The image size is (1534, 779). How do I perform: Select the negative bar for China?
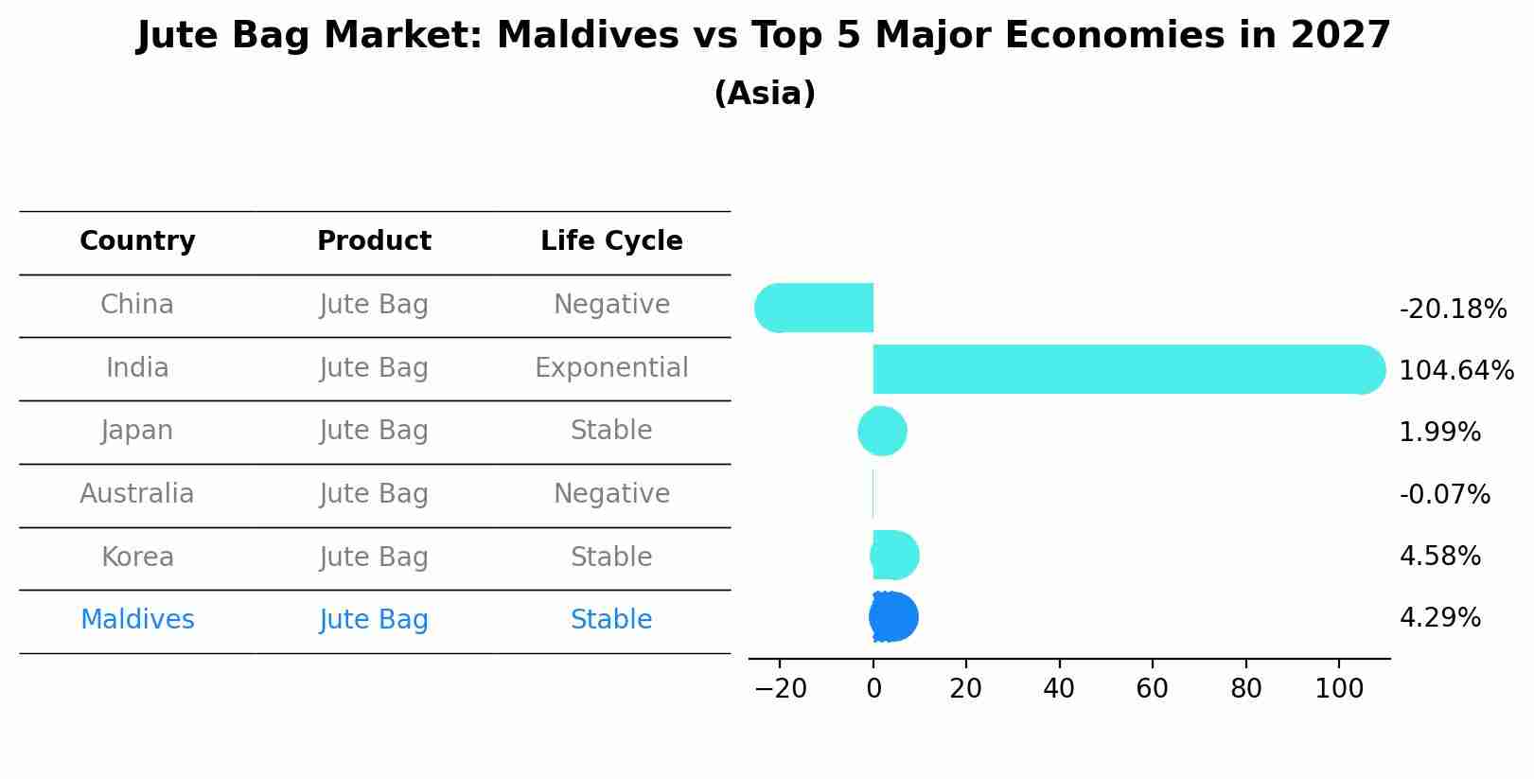click(x=814, y=308)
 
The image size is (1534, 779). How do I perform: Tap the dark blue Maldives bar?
click(x=893, y=617)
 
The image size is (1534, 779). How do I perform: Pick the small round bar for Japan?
click(x=882, y=432)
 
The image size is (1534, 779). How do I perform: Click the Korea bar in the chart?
click(x=894, y=556)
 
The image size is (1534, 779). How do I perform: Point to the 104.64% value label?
click(x=1455, y=370)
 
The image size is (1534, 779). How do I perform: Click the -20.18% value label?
click(x=1453, y=309)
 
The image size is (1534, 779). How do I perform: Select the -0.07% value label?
click(x=1444, y=494)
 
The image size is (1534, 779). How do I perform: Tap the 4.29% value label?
click(x=1439, y=618)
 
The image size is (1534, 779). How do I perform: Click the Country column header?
click(x=137, y=241)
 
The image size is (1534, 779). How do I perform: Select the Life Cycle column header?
click(x=611, y=241)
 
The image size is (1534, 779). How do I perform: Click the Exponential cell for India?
click(x=611, y=367)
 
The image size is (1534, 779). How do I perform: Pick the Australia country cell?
click(x=137, y=494)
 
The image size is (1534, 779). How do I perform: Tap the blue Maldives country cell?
click(x=137, y=620)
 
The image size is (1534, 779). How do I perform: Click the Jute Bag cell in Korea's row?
click(x=374, y=557)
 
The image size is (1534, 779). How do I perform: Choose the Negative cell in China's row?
click(x=611, y=305)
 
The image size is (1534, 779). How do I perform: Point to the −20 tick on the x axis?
click(x=780, y=688)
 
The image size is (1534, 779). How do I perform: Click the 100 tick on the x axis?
click(x=1339, y=688)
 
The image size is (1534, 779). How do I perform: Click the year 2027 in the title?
click(x=1340, y=36)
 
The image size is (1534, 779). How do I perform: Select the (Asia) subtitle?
click(x=765, y=94)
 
